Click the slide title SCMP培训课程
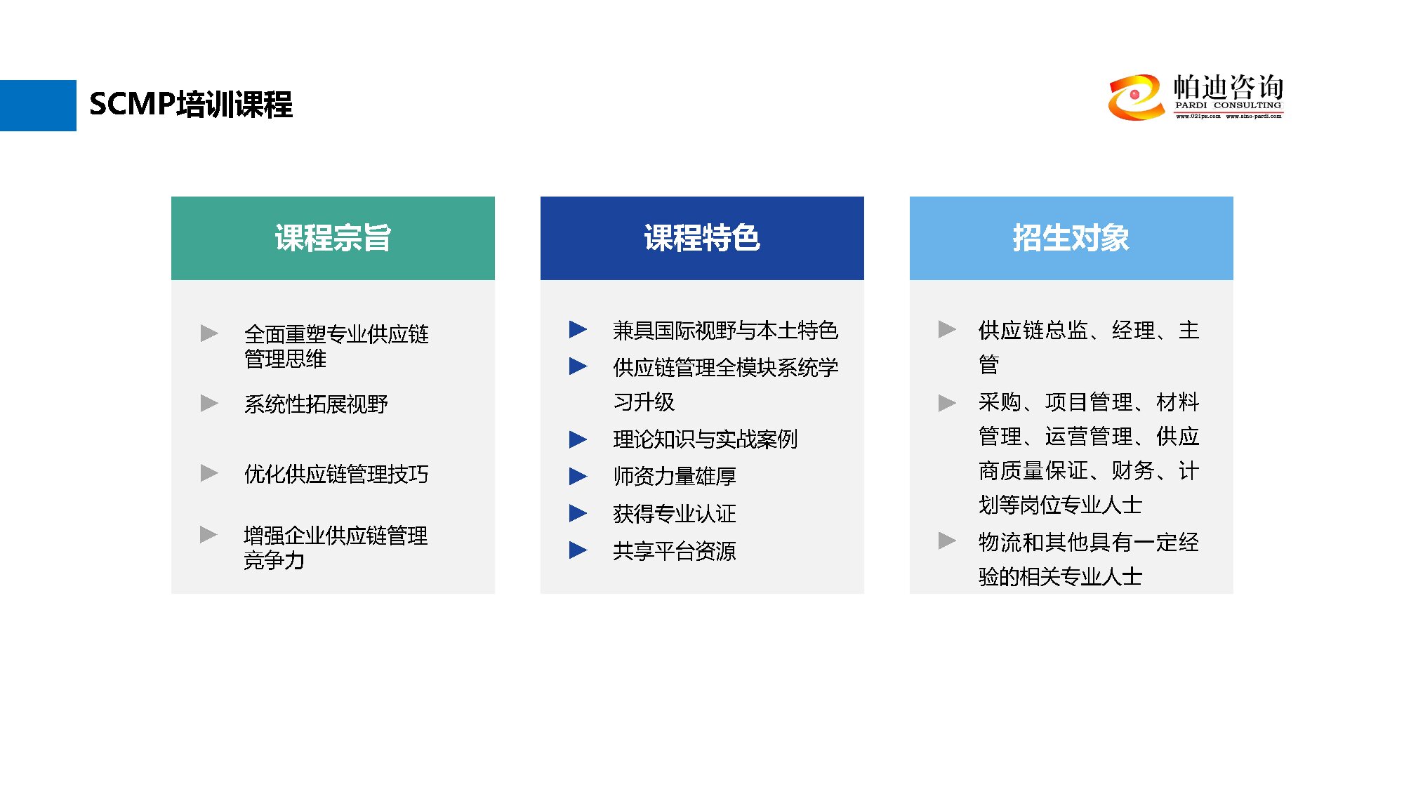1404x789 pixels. pos(191,105)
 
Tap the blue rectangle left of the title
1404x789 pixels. pos(38,105)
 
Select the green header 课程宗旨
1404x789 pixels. pos(333,238)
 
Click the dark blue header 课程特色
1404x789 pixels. pos(702,238)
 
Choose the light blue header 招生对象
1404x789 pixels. pos(1071,238)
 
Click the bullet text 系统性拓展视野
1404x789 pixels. pos(316,404)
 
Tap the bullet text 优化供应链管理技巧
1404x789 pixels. pos(336,474)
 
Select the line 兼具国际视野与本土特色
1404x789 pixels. pos(726,330)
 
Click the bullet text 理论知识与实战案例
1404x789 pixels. pos(706,439)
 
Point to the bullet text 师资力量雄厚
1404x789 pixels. pos(675,476)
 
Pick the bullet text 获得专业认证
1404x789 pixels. pos(675,513)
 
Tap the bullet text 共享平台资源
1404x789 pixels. pos(675,550)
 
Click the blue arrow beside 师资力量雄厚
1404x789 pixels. pos(578,476)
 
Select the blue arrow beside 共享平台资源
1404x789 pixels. pos(578,550)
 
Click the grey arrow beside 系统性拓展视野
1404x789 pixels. pos(209,403)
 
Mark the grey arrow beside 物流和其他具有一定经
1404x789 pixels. pos(947,541)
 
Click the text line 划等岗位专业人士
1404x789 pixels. pos(1060,505)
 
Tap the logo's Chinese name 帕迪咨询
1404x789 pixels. pos(1228,87)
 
